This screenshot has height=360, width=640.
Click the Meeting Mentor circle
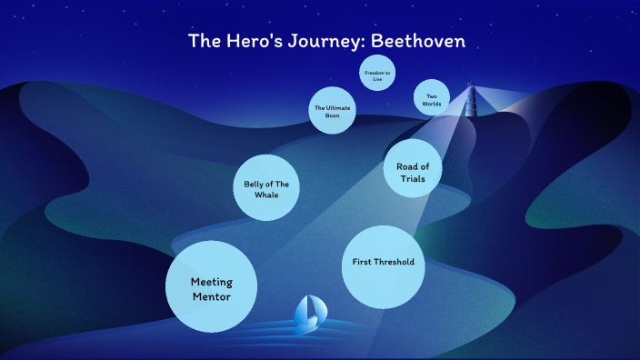pos(211,287)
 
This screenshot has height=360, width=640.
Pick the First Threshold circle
pos(383,265)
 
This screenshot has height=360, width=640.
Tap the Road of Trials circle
pos(413,171)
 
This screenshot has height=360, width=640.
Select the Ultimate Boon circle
pos(332,112)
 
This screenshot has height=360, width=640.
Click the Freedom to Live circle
pos(376,75)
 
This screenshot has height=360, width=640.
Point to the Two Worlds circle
pos(432,98)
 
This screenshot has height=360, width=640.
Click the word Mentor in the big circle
pos(211,296)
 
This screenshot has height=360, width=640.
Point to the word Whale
pos(266,194)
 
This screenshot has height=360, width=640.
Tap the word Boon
pos(332,116)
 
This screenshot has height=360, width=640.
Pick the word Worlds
pos(432,104)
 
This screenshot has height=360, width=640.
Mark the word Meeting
pos(211,281)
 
